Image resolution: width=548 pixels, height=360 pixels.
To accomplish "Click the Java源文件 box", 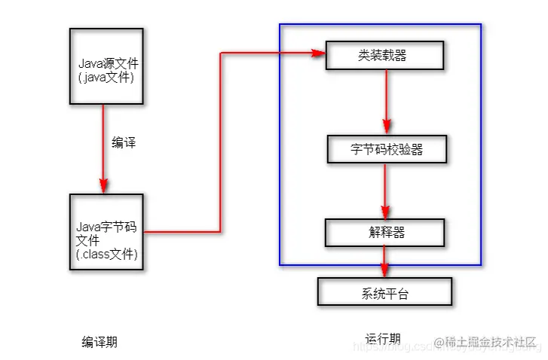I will tap(106, 66).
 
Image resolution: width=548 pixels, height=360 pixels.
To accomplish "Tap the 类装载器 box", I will tap(384, 55).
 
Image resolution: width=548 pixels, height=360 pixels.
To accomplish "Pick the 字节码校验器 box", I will tap(387, 149).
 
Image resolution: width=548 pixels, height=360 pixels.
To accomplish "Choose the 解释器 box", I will tap(385, 233).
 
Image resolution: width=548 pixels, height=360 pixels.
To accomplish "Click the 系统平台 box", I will tap(384, 292).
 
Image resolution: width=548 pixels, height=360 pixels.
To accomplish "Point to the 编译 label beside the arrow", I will tap(124, 142).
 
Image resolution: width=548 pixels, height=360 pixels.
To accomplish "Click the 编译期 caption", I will tap(99, 343).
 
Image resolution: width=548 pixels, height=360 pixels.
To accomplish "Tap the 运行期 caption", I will tap(383, 339).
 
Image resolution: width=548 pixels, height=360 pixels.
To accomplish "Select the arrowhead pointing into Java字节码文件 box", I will tap(103, 188).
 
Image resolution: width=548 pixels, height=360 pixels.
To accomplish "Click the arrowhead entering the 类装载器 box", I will tap(318, 53).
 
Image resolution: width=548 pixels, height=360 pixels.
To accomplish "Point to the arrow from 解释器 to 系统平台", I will tap(385, 262).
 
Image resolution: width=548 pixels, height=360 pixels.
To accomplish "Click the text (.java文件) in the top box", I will tap(106, 77).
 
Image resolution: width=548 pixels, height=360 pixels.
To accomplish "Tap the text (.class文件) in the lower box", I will tap(107, 255).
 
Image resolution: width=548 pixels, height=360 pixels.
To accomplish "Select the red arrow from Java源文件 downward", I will tap(103, 147).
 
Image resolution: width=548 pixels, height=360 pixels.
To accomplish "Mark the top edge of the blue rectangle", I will tap(380, 24).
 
